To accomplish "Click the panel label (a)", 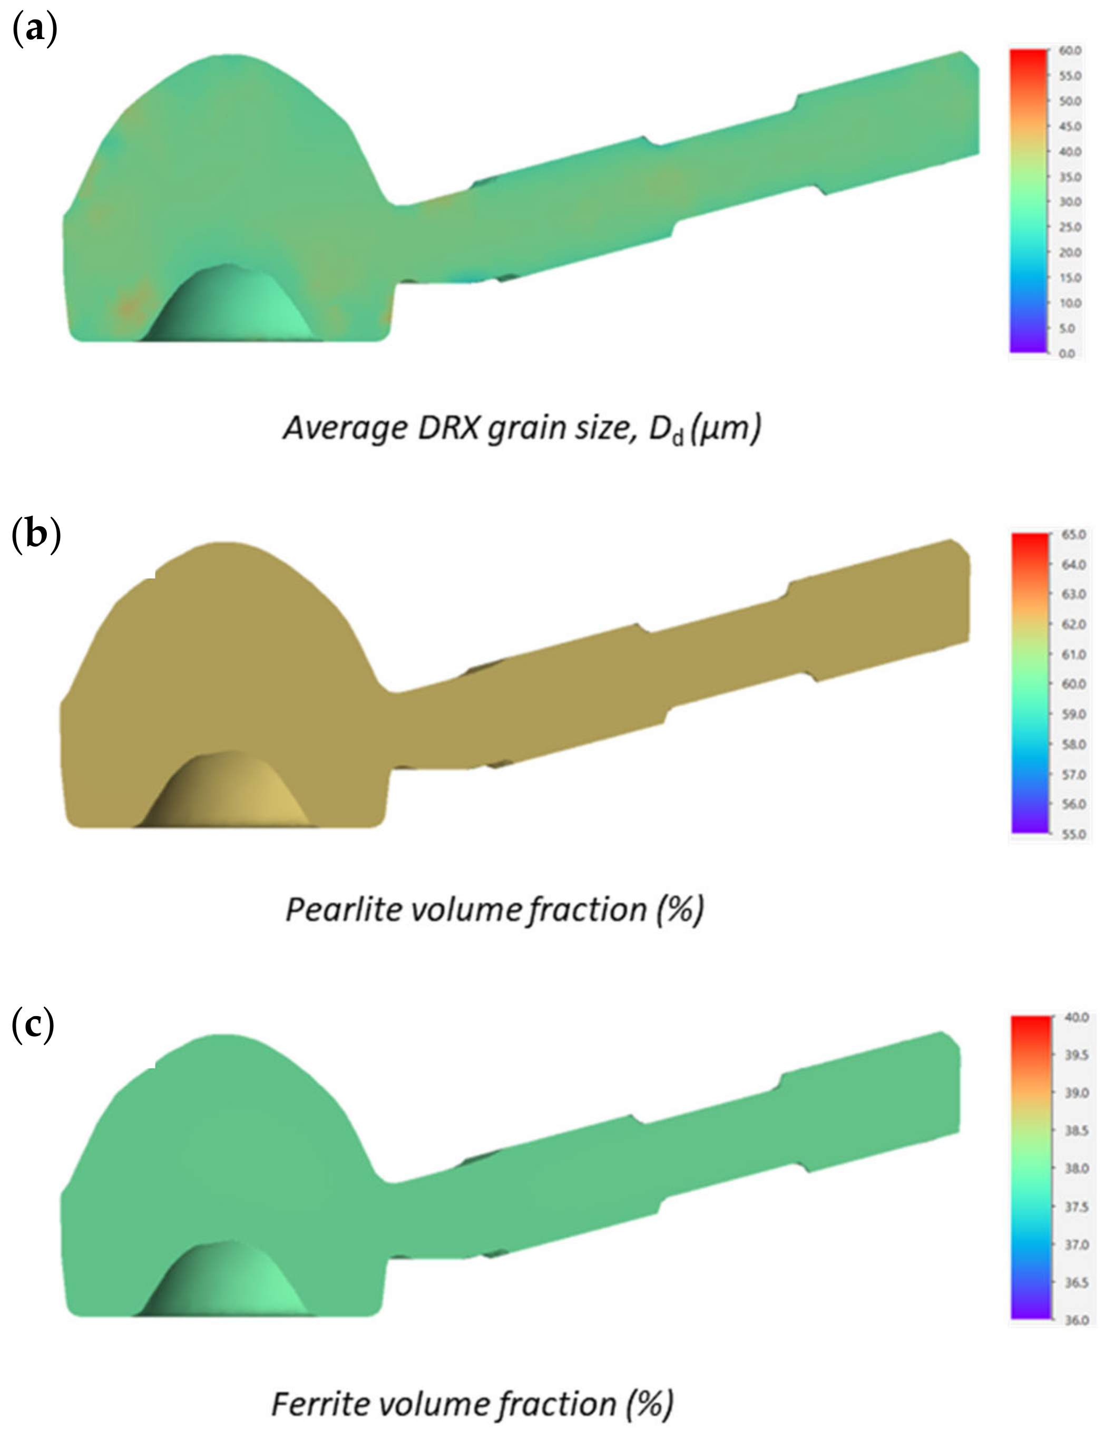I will coord(35,30).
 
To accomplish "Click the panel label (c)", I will coord(33,1026).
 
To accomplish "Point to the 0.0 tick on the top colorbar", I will coord(1067,354).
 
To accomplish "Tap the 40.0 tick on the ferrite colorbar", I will coord(1076,1018).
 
